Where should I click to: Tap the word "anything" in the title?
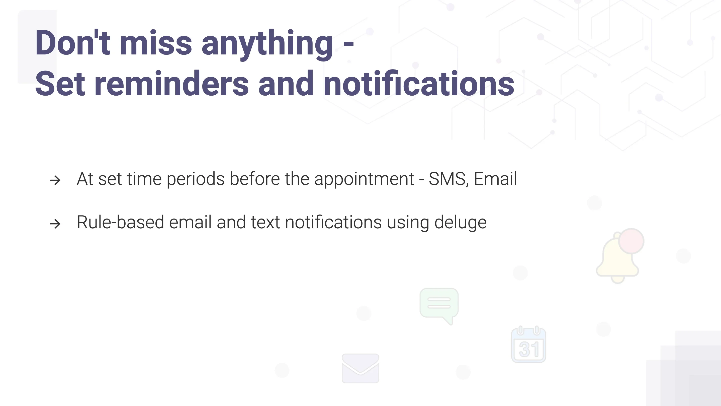point(267,45)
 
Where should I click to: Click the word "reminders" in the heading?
point(171,84)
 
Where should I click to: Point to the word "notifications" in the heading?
point(419,83)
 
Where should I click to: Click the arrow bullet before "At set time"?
point(55,180)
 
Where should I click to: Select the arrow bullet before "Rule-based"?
point(55,224)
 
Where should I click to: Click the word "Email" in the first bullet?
point(495,179)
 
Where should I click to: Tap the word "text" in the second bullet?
point(265,223)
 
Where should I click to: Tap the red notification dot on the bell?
point(631,241)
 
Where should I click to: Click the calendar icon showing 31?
point(528,344)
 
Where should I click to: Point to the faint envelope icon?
point(360,368)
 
